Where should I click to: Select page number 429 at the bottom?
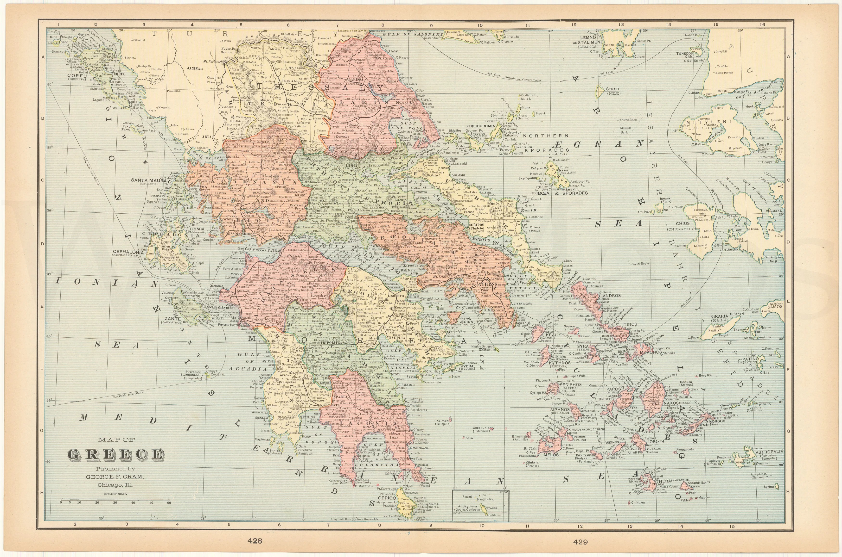pos(580,542)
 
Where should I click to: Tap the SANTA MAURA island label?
pos(149,180)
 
